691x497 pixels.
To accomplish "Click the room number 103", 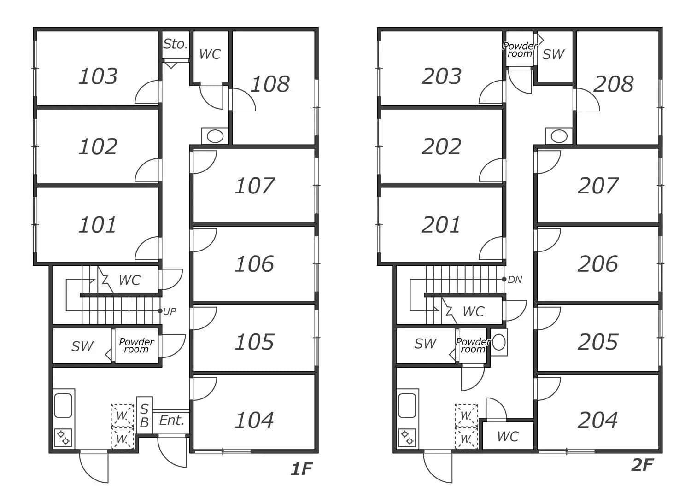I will pos(98,76).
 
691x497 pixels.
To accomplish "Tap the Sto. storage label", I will pos(176,44).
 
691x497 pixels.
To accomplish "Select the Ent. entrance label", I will pos(171,420).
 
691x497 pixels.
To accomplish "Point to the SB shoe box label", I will pos(144,416).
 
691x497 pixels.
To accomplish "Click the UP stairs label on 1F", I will pos(170,311).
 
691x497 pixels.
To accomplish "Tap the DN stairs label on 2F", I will pos(515,280).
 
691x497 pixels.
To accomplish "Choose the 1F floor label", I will pos(302,469).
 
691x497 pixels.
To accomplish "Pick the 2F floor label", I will pos(643,465).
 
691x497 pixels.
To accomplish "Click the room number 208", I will pos(614,84).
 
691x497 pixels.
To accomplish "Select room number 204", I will pos(597,420).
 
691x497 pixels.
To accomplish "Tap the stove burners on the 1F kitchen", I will pos(63,438).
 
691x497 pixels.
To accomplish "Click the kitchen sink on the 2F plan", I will pos(407,405).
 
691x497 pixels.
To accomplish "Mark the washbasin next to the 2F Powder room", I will pos(499,343).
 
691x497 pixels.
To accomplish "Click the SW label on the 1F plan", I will pos(82,346).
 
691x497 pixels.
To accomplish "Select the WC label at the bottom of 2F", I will pos(508,436).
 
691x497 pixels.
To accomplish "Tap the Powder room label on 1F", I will pos(136,345).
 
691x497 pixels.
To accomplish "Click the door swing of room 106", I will pos(203,240).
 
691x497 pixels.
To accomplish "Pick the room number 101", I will pos(98,225).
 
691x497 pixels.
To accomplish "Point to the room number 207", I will pos(597,186).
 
